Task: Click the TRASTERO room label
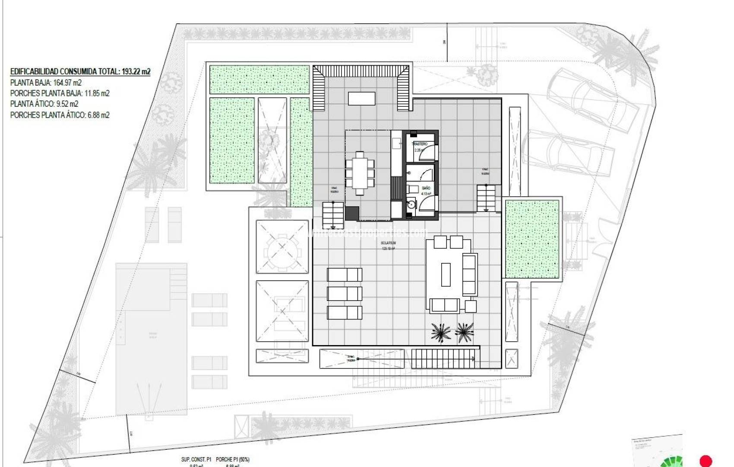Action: point(420,144)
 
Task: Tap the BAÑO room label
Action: point(426,189)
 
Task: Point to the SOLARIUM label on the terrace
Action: point(388,243)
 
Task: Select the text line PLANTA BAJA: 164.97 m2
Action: point(46,83)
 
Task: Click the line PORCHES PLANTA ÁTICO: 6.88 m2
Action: point(60,115)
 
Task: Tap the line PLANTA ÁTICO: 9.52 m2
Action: point(44,104)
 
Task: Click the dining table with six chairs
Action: point(359,173)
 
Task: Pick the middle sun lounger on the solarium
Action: point(344,294)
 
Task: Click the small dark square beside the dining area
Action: point(352,213)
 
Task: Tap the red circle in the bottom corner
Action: point(706,461)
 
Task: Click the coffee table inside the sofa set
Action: point(446,274)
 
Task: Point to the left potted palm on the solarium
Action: point(440,332)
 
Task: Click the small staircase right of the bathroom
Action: point(487,198)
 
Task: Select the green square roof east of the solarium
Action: point(532,239)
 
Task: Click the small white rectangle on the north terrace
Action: point(361,99)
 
